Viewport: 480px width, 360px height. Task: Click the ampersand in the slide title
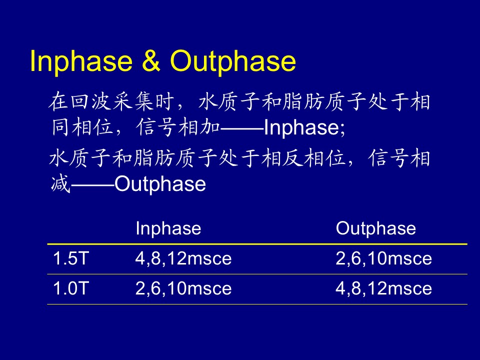click(151, 60)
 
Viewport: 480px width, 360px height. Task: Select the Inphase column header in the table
click(168, 228)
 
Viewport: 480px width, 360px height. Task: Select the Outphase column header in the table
click(376, 228)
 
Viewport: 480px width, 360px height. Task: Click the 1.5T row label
click(70, 258)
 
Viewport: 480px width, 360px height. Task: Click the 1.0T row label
click(70, 288)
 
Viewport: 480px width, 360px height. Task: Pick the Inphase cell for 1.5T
click(183, 258)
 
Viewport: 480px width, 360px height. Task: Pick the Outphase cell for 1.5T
click(383, 258)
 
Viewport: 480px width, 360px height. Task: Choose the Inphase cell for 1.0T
click(183, 288)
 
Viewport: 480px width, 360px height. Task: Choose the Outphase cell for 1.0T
click(383, 288)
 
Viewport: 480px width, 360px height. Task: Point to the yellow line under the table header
click(257, 244)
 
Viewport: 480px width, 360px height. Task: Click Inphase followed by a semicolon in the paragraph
click(304, 127)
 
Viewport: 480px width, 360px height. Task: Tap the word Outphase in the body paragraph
click(160, 184)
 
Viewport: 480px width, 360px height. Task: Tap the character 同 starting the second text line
click(60, 126)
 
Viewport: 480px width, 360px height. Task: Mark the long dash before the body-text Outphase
click(92, 185)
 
